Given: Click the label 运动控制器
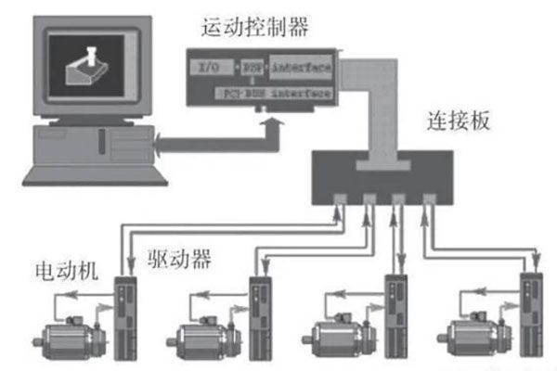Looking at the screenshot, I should (x=254, y=28).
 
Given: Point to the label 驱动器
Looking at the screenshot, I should (x=177, y=259).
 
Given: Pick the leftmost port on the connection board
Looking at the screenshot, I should (x=340, y=199).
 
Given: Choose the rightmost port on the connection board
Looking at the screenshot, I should (x=430, y=199).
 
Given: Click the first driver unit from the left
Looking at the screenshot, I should (x=125, y=315).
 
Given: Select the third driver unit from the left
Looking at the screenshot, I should (x=395, y=315).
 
